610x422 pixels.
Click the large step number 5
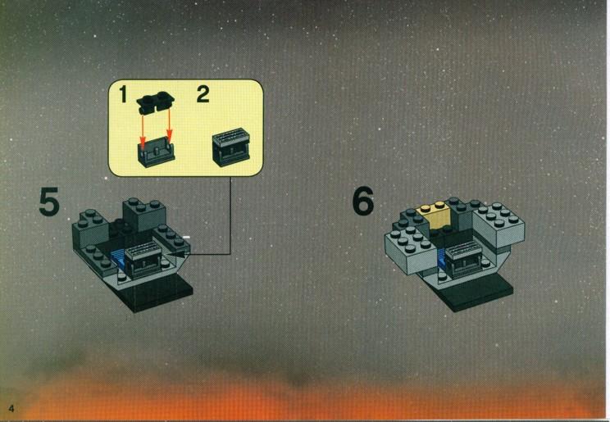click(49, 202)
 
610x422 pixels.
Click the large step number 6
click(363, 201)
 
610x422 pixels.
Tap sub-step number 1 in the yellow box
click(123, 94)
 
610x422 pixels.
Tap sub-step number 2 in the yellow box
click(203, 94)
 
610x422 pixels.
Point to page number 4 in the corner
click(11, 408)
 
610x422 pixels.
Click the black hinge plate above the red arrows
click(156, 102)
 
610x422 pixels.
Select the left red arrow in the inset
click(143, 130)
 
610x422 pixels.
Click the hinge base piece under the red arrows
click(157, 152)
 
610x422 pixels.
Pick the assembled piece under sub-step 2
click(231, 147)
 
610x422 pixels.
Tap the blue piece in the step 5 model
click(119, 260)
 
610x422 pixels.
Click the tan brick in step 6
click(435, 215)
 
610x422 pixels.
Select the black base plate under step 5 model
click(156, 293)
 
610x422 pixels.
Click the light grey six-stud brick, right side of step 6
click(498, 225)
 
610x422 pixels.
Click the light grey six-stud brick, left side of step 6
click(412, 249)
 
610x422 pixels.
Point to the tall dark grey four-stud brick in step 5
click(144, 215)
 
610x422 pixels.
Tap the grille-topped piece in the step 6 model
click(463, 258)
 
